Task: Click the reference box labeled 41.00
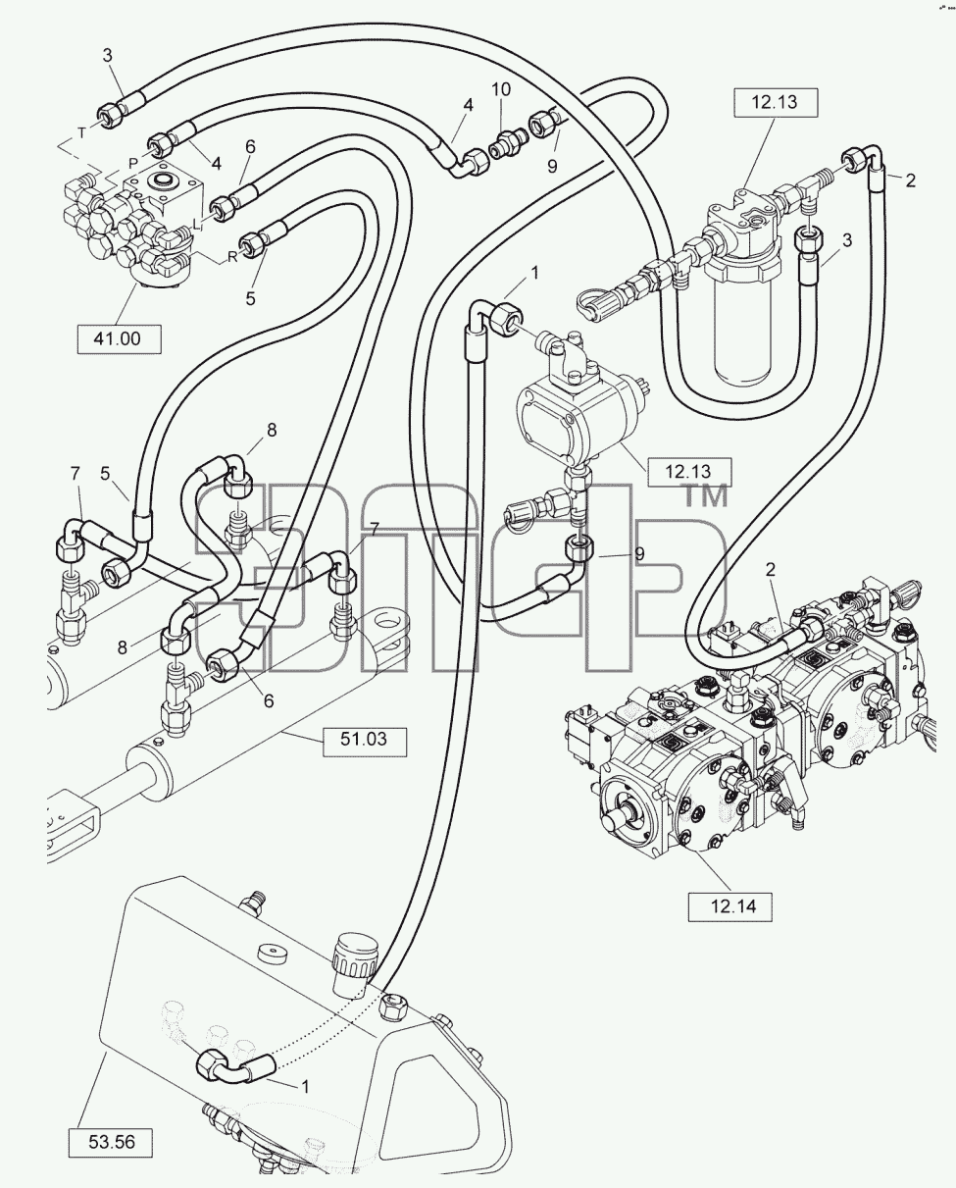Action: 120,339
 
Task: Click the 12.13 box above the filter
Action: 776,103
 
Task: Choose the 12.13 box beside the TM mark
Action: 689,472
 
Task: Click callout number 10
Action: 502,89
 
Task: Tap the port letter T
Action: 81,133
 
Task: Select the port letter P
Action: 132,164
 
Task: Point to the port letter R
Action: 232,257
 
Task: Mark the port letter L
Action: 196,225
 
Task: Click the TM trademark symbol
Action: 706,495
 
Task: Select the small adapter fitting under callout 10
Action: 507,146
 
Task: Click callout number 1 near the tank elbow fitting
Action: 305,1086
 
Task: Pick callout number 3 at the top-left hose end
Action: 107,55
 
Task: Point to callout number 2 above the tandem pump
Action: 771,569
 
